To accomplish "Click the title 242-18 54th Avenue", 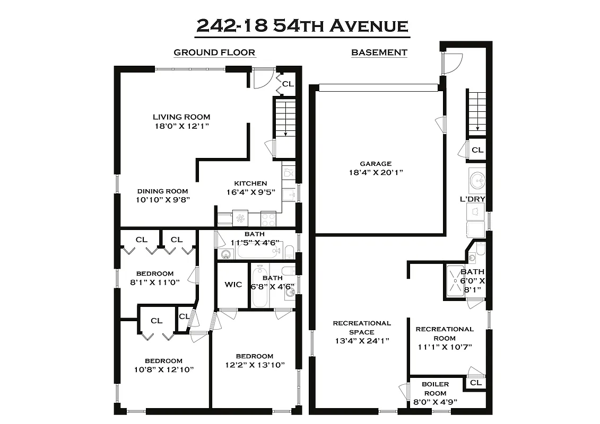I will [x=302, y=25].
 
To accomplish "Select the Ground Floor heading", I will [x=214, y=52].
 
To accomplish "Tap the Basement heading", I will [x=379, y=52].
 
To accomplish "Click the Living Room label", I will [x=181, y=117].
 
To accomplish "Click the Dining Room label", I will [x=162, y=191].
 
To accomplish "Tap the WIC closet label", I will [x=233, y=285].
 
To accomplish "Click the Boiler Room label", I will [x=435, y=384].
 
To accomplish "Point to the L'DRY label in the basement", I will [x=473, y=199].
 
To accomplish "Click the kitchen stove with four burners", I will [x=268, y=218].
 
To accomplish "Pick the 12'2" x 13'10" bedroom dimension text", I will [x=255, y=365].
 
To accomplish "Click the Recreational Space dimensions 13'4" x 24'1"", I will [x=361, y=341].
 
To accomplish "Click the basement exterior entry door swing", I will [x=451, y=64].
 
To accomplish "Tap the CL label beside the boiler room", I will [x=475, y=383].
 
